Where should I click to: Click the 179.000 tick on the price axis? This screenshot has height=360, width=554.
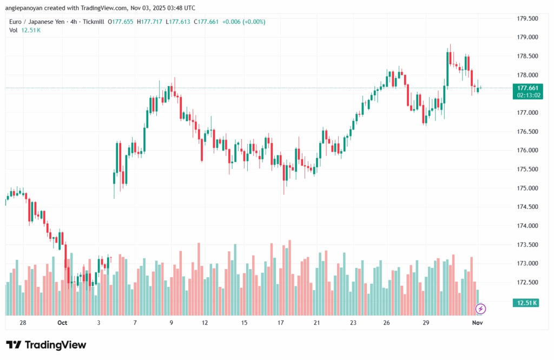click(527, 37)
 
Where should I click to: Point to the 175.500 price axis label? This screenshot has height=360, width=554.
click(527, 169)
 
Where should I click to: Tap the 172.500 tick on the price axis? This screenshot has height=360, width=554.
click(527, 283)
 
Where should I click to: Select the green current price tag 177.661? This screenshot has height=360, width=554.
click(527, 88)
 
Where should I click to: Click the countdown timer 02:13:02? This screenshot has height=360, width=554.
click(527, 95)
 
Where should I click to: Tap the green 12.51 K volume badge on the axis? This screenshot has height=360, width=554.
click(526, 303)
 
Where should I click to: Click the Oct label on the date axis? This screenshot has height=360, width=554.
click(62, 323)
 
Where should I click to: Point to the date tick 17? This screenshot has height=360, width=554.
click(281, 323)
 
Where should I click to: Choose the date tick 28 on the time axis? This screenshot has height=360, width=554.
click(23, 323)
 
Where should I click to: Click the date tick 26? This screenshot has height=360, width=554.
click(387, 323)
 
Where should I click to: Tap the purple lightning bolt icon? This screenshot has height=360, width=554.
click(480, 309)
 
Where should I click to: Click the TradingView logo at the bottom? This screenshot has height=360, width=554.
click(46, 345)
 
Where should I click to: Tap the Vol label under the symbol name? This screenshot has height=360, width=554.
click(14, 30)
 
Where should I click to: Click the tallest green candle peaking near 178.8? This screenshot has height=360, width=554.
click(448, 68)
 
